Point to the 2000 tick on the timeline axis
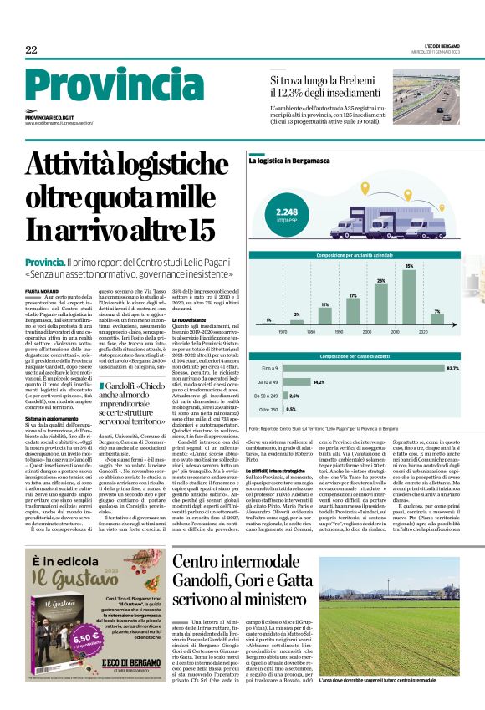point(381,331)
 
